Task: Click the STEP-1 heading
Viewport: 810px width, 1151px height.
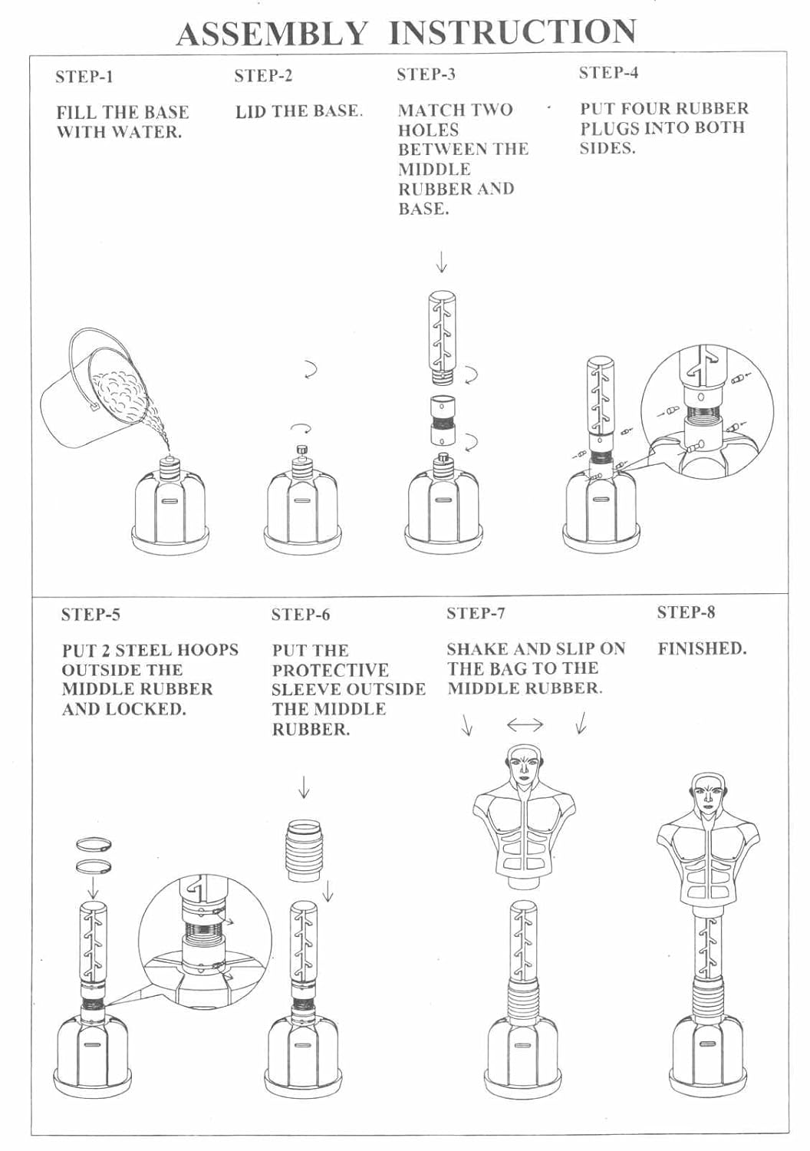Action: tap(84, 77)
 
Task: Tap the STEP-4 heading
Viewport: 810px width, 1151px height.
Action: tap(608, 73)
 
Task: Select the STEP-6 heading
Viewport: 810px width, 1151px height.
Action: tap(301, 615)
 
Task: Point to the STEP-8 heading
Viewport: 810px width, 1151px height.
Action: tap(686, 612)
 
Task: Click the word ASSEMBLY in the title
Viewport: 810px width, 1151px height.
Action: tap(272, 34)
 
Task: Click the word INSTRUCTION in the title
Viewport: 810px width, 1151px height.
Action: tap(512, 32)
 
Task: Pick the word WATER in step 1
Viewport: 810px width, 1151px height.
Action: tap(147, 132)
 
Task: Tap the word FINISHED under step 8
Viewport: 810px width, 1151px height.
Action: tap(702, 648)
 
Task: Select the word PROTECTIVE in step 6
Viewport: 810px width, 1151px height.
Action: tap(331, 670)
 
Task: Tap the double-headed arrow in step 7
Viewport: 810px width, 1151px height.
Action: tap(525, 724)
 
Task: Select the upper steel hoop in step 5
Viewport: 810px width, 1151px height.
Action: tap(94, 846)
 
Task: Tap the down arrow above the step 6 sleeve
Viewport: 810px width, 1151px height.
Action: tap(304, 787)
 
